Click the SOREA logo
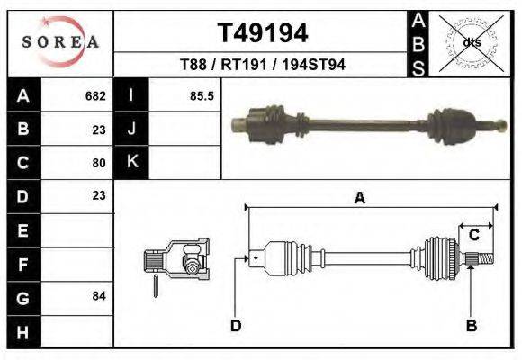pos(59,41)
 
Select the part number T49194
pos(263,33)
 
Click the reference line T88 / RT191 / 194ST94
pos(263,65)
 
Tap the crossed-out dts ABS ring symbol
pos(471,41)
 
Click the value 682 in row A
pos(95,95)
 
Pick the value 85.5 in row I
pos(202,95)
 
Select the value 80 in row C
pos(99,163)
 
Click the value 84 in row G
pos(99,295)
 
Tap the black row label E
pos(22,230)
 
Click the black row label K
pos(131,162)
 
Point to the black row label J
pos(131,129)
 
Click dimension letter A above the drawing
pos(360,199)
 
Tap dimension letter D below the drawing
pos(236,326)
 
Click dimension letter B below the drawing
pos(471,326)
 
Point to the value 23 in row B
pos(99,129)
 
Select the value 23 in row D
pos(99,195)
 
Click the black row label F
pos(22,264)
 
